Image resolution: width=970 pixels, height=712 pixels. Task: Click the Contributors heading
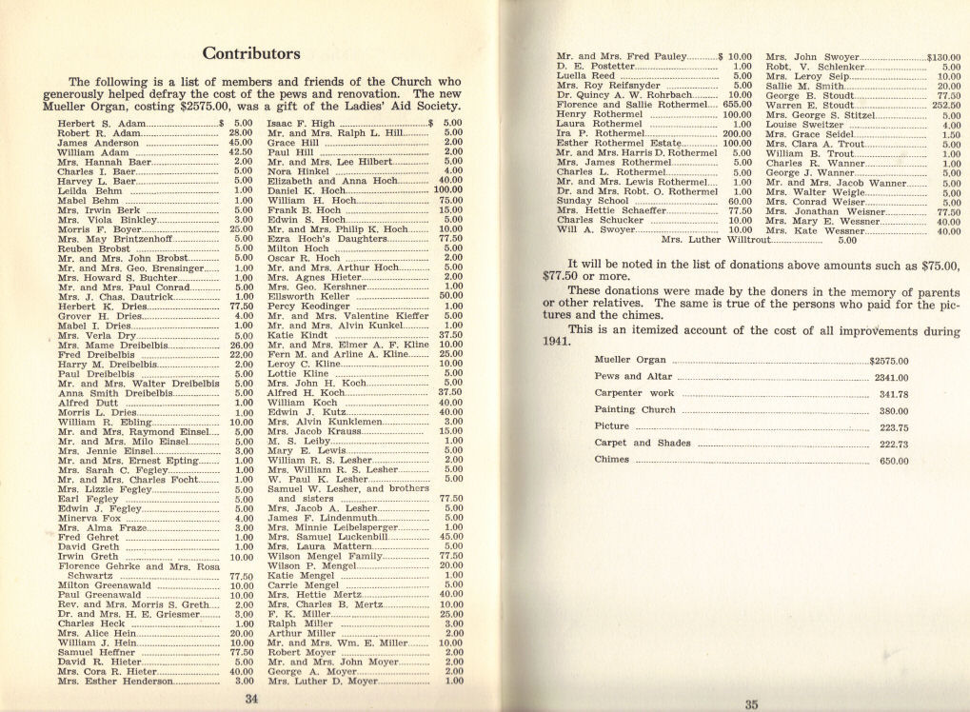pyautogui.click(x=252, y=53)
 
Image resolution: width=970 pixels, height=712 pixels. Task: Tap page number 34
pyautogui.click(x=252, y=698)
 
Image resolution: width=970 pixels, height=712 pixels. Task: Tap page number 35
pyautogui.click(x=750, y=703)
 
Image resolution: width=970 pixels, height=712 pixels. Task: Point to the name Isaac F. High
pyautogui.click(x=301, y=124)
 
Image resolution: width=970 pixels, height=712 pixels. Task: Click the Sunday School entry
pyautogui.click(x=593, y=202)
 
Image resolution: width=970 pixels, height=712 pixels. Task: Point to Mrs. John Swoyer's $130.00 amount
pyautogui.click(x=943, y=57)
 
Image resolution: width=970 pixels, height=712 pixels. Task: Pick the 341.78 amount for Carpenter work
pyautogui.click(x=894, y=394)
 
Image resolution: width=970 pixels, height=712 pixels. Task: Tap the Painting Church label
pyautogui.click(x=636, y=410)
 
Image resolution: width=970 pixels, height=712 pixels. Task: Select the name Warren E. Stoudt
pyautogui.click(x=809, y=106)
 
